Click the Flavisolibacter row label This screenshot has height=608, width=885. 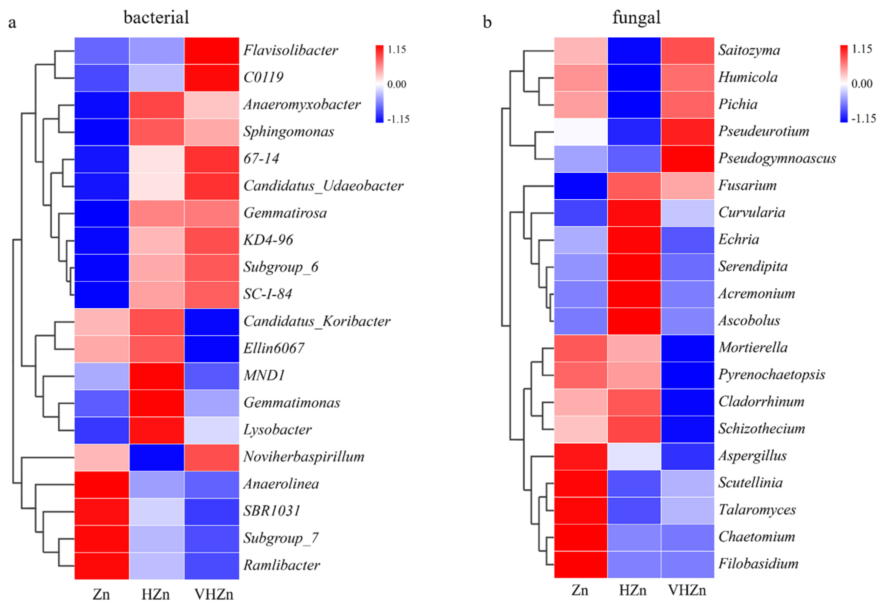[291, 50]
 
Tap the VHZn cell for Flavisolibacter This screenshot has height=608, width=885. [212, 51]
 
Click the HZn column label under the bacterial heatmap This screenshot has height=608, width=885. [156, 594]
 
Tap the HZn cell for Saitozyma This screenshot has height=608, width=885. [634, 51]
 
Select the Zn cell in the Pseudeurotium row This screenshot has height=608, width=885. [581, 132]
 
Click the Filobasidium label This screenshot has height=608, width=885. [758, 564]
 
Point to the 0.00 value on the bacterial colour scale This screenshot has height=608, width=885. [397, 84]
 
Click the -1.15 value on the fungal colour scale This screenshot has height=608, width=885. [864, 119]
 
